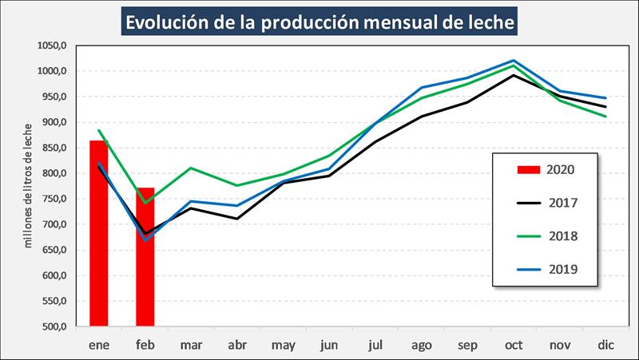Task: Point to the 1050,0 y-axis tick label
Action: coord(51,45)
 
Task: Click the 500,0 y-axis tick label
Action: coord(54,326)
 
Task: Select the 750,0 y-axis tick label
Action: coord(54,199)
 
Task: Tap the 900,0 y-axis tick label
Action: coord(54,122)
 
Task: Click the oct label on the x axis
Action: coord(513,344)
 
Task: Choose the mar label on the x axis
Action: coord(191,344)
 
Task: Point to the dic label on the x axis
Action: coord(605,344)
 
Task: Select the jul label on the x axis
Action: coord(375,344)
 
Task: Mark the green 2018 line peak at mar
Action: coord(191,168)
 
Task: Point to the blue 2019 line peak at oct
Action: coord(513,61)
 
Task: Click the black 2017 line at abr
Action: coord(237,219)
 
